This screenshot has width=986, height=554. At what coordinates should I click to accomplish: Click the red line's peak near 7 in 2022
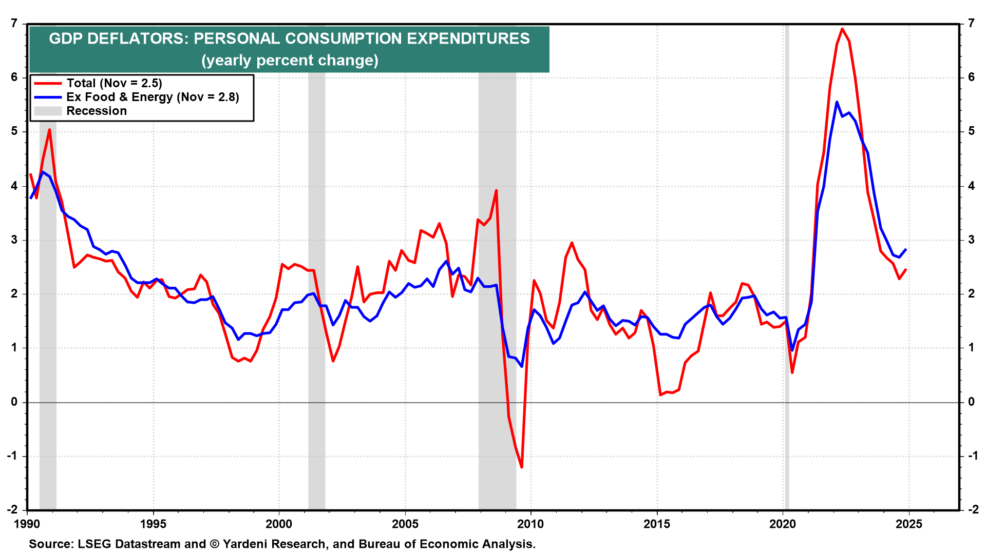point(842,29)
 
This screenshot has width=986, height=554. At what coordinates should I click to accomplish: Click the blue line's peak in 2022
point(837,102)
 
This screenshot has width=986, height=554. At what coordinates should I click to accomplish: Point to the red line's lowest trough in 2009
point(522,467)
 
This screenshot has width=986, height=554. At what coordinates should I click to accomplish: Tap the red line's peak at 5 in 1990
point(49,129)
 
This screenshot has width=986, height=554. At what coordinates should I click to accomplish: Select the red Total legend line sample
point(48,83)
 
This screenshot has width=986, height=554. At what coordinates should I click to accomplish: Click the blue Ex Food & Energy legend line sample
point(48,97)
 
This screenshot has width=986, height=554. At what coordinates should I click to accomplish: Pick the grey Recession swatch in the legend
point(48,111)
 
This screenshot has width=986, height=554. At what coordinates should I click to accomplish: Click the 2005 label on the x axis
point(405,524)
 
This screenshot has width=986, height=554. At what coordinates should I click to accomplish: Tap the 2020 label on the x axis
point(783,524)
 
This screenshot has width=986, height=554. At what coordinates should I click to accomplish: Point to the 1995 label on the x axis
point(153,524)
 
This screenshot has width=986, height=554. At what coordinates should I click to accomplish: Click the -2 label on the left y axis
point(12,509)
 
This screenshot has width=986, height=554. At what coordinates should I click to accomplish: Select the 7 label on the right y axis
point(971,23)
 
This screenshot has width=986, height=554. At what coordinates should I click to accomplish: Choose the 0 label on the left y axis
point(14,402)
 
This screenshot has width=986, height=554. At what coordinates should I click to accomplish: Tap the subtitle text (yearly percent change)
point(290,61)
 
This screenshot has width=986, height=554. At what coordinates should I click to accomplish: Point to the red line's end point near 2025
point(906,269)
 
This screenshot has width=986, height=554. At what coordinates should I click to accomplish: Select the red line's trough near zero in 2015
point(660,394)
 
